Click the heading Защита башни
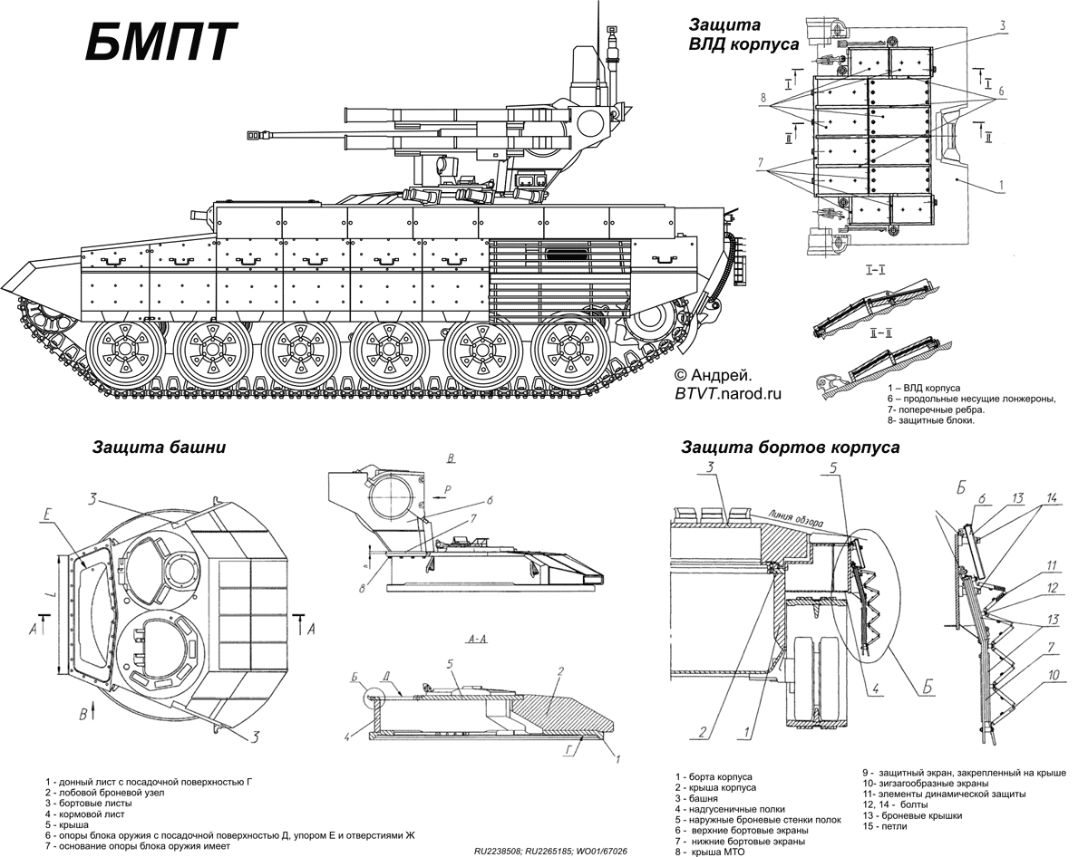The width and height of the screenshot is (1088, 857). coord(158,448)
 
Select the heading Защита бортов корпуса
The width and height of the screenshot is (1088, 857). coord(790,448)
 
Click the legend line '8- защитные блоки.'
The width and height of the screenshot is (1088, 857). coord(931,420)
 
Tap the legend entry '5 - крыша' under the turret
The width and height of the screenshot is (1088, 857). coord(63,824)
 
